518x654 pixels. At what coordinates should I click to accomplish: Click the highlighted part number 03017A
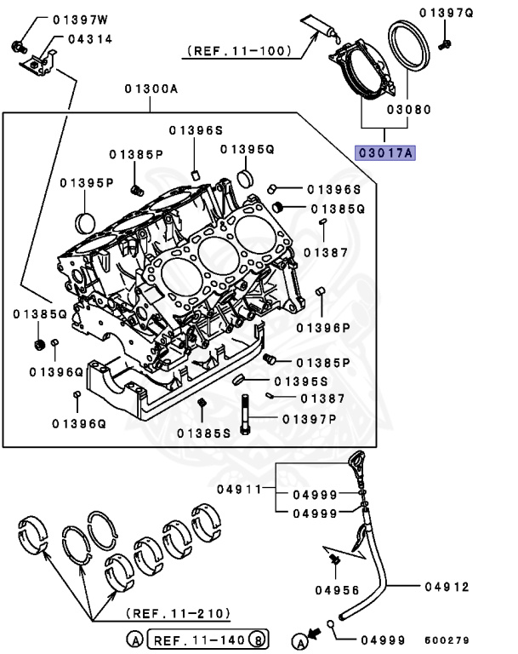pyautogui.click(x=384, y=153)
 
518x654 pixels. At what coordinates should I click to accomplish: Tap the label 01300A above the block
pyautogui.click(x=151, y=89)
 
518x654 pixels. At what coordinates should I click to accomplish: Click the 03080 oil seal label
pyautogui.click(x=408, y=110)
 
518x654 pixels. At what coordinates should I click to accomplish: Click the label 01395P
pyautogui.click(x=87, y=182)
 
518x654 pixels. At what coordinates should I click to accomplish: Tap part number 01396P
pyautogui.click(x=323, y=327)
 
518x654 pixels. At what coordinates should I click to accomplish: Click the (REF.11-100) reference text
pyautogui.click(x=239, y=52)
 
